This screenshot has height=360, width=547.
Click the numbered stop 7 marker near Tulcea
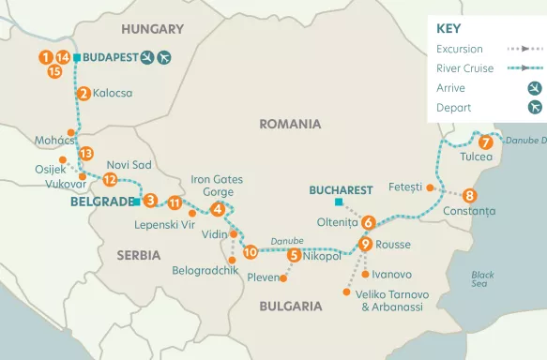pyautogui.click(x=485, y=143)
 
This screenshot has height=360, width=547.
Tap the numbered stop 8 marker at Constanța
pyautogui.click(x=470, y=196)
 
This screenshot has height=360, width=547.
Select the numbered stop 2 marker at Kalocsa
pyautogui.click(x=84, y=93)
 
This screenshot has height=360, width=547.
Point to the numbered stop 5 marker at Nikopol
pyautogui.click(x=295, y=254)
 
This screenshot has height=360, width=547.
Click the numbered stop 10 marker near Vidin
pyautogui.click(x=250, y=251)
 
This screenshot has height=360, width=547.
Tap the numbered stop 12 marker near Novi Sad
pyautogui.click(x=110, y=179)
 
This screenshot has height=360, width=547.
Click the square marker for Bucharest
pyautogui.click(x=339, y=202)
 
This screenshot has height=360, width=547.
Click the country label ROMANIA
pyautogui.click(x=290, y=124)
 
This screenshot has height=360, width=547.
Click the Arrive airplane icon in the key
pyautogui.click(x=535, y=87)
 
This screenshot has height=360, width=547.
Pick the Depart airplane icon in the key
pyautogui.click(x=535, y=107)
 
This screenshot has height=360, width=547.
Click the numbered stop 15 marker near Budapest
pyautogui.click(x=54, y=70)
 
